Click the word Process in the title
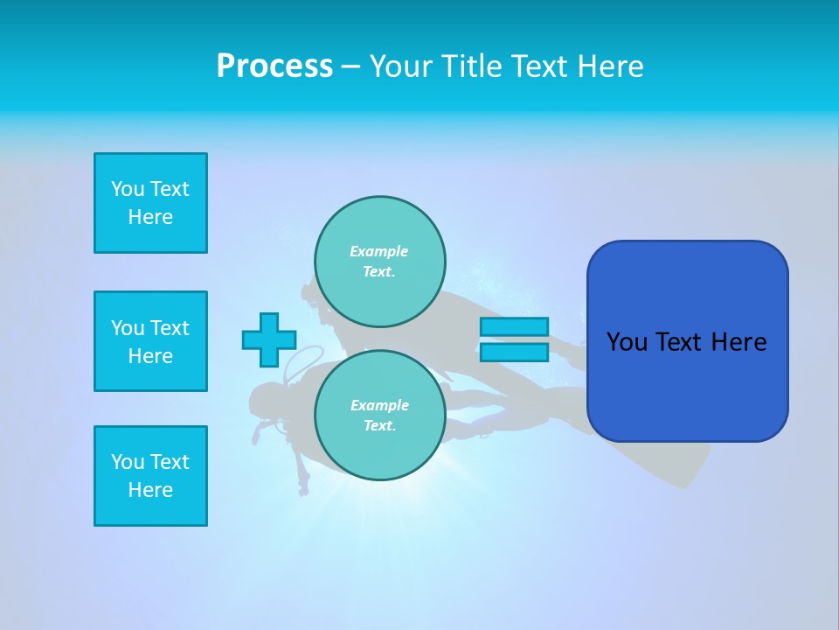point(274,66)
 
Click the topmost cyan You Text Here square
point(150,203)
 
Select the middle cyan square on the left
point(150,341)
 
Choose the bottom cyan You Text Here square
point(150,476)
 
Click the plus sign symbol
point(269,339)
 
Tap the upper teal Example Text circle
point(380,261)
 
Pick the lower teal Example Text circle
point(380,415)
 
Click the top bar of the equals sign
point(514,326)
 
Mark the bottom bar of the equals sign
point(514,352)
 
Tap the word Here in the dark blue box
point(738,342)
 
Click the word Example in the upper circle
point(378,251)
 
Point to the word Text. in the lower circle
point(379,426)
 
